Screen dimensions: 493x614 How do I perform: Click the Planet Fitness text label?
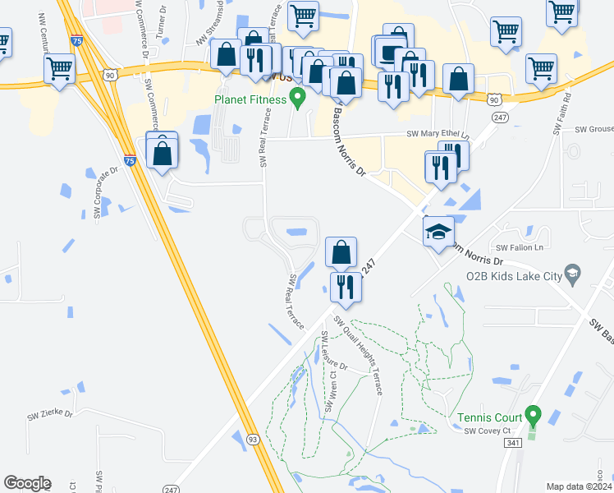250,99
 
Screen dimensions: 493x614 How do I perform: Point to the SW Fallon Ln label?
520,247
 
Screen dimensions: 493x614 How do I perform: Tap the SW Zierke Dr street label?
50,416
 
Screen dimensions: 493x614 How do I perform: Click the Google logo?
27,483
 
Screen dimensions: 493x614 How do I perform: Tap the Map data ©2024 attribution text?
579,486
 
